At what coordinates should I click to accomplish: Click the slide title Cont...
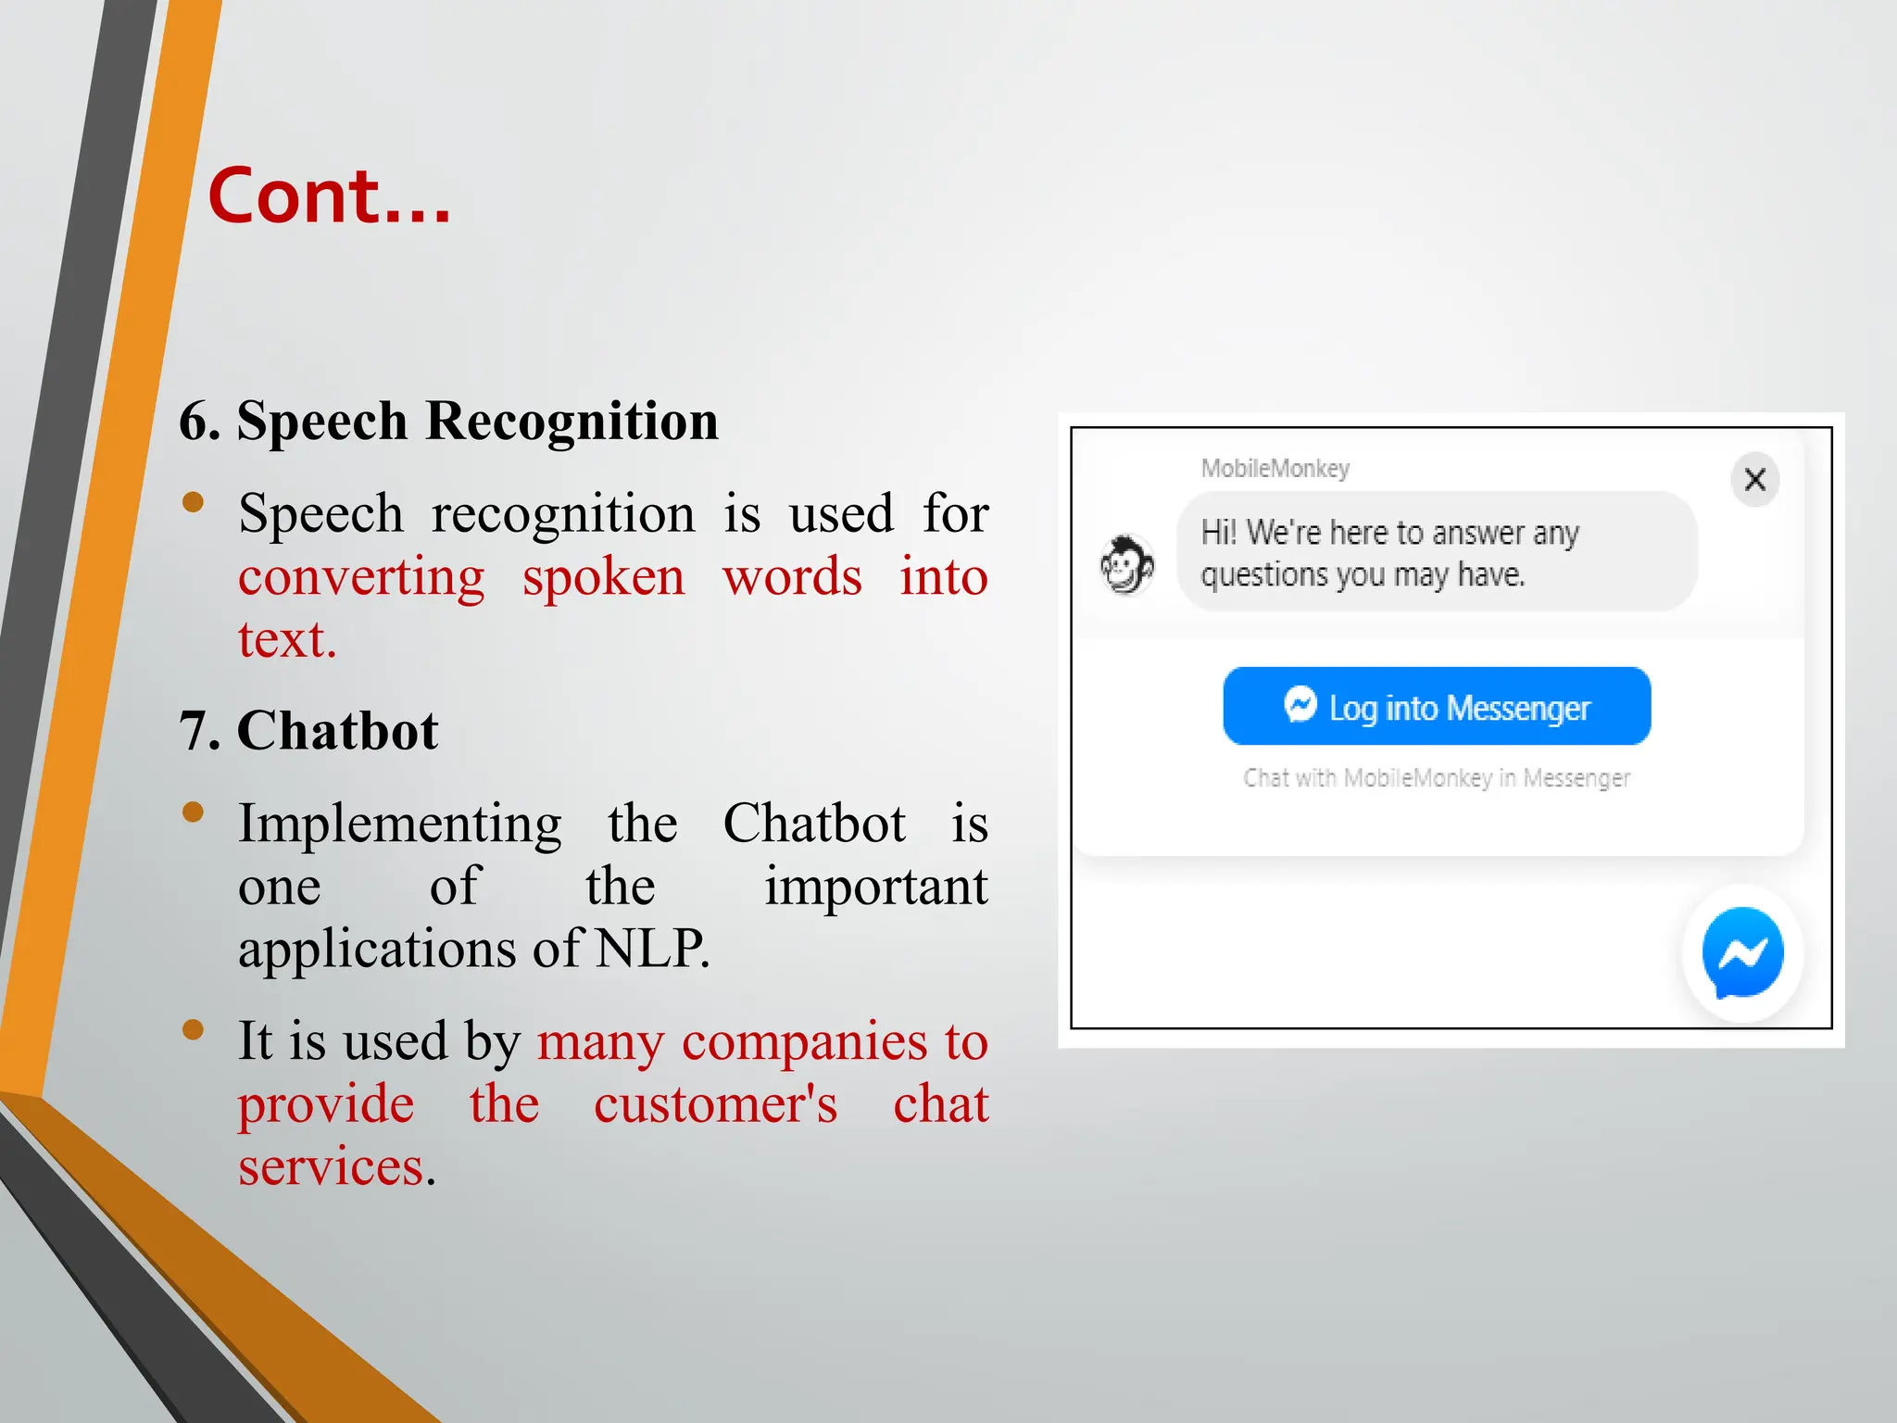[x=329, y=196]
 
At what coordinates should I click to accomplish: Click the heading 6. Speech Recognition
[x=448, y=422]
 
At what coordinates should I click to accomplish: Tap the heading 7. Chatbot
[x=308, y=731]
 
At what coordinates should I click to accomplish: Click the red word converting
[x=361, y=578]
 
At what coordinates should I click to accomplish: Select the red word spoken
[x=603, y=578]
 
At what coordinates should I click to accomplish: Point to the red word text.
[x=286, y=640]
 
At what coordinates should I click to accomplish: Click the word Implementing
[x=399, y=824]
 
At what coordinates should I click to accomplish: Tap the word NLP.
[x=650, y=949]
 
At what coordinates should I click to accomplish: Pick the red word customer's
[x=715, y=1104]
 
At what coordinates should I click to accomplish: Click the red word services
[x=331, y=1166]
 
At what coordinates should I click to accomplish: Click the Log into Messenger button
[x=1437, y=707]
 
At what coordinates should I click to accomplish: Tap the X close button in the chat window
[x=1754, y=480]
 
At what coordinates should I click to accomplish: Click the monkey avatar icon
[x=1126, y=564]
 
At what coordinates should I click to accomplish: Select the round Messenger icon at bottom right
[x=1742, y=953]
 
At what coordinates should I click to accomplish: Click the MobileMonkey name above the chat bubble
[x=1275, y=469]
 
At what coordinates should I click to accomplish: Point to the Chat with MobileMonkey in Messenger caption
[x=1436, y=778]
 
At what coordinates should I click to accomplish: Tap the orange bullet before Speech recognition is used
[x=193, y=502]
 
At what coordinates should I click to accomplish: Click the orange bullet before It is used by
[x=193, y=1030]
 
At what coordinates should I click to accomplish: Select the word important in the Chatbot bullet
[x=875, y=887]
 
